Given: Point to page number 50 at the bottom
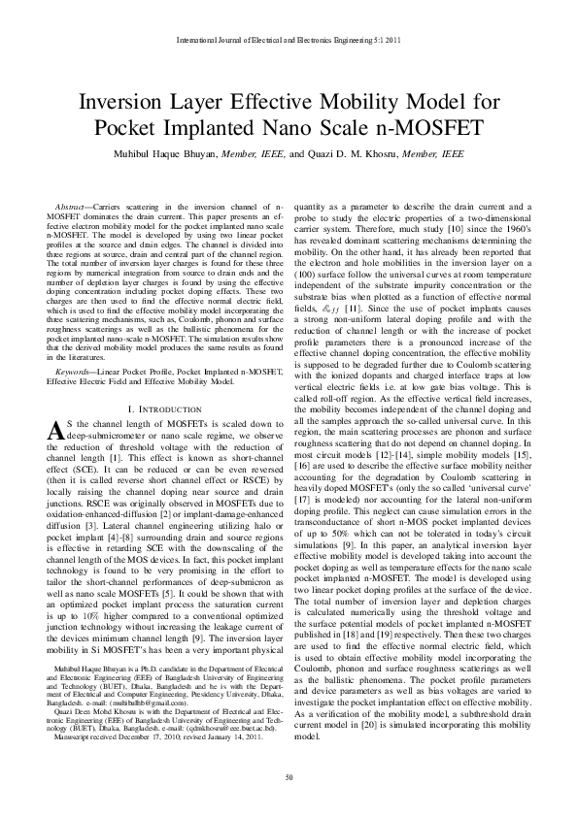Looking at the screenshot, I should pos(289,778).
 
